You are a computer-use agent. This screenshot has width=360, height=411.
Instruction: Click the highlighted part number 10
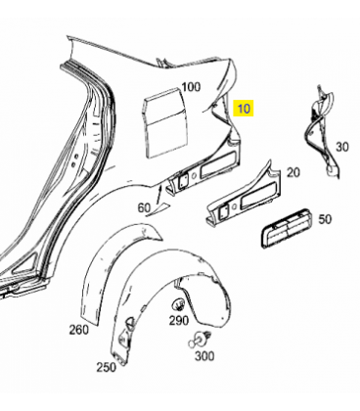pyautogui.click(x=244, y=109)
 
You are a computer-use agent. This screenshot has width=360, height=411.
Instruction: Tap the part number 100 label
pyautogui.click(x=191, y=87)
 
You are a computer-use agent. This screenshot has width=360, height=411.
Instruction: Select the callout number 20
pyautogui.click(x=293, y=172)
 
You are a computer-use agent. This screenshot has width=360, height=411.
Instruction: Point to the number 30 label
pyautogui.click(x=342, y=147)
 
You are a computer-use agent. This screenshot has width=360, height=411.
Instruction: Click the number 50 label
pyautogui.click(x=325, y=219)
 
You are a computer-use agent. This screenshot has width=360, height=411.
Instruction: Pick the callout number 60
pyautogui.click(x=144, y=207)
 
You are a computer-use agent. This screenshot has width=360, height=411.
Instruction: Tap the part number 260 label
pyautogui.click(x=78, y=330)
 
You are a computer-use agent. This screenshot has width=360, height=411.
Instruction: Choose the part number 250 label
pyautogui.click(x=107, y=367)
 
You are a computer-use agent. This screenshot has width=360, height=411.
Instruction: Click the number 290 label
pyautogui.click(x=179, y=321)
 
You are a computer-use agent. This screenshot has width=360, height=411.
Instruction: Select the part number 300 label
pyautogui.click(x=204, y=356)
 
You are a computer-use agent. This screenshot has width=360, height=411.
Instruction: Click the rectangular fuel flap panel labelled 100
pyautogui.click(x=165, y=124)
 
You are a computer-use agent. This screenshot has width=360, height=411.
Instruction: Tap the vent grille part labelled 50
pyautogui.click(x=286, y=228)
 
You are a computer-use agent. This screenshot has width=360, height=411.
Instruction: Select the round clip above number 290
pyautogui.click(x=178, y=304)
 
